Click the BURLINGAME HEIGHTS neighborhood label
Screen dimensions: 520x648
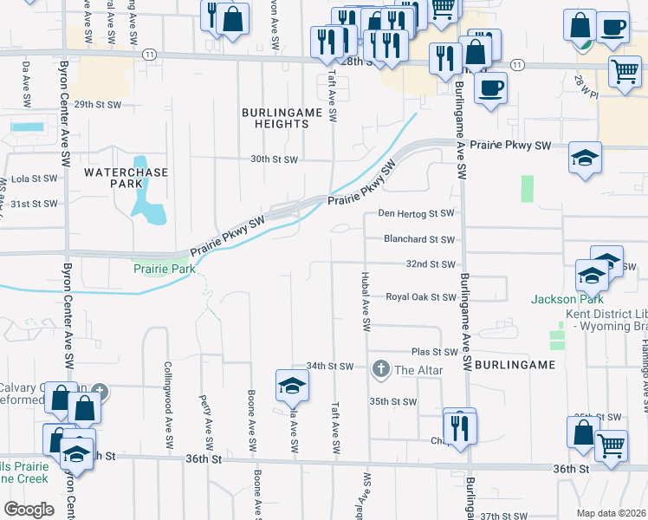coord(275,119)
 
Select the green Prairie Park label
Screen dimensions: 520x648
coord(164,270)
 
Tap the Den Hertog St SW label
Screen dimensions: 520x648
coord(416,213)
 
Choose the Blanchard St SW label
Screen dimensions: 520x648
coord(419,239)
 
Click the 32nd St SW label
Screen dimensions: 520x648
coord(431,263)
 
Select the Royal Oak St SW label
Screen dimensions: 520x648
coord(421,296)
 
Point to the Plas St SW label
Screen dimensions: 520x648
coord(434,352)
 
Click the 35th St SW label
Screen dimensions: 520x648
coord(393,401)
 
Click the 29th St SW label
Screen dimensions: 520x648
coord(94,104)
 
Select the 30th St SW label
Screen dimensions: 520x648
coord(274,159)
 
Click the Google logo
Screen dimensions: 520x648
coord(29,509)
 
